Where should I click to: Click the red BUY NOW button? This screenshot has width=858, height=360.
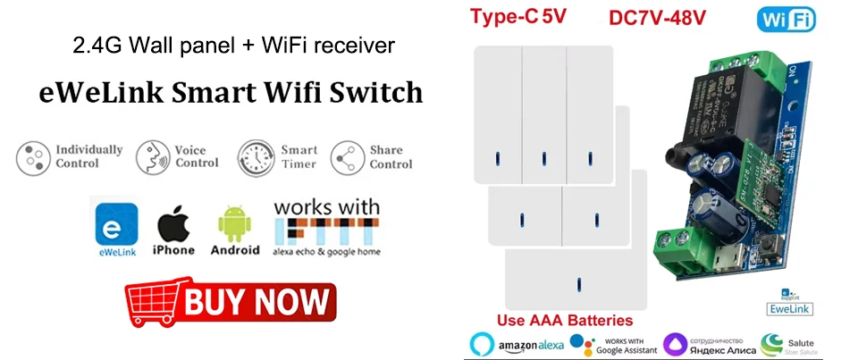[x=231, y=301]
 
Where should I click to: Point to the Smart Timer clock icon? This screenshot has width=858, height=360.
[x=256, y=157]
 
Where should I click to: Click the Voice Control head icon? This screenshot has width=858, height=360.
[x=152, y=157]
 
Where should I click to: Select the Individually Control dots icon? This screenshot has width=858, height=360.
[x=33, y=157]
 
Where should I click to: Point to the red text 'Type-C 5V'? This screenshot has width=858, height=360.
[x=519, y=15]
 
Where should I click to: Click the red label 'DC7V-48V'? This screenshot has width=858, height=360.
[x=658, y=17]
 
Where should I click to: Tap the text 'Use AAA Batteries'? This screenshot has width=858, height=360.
[x=565, y=320]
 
